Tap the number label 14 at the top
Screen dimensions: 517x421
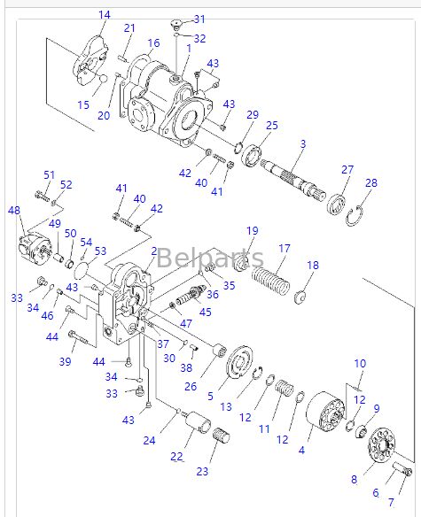(105, 15)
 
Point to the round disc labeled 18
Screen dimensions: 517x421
(300, 296)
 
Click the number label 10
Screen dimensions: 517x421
(360, 364)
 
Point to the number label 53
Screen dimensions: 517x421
(100, 251)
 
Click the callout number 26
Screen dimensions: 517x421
(191, 385)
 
